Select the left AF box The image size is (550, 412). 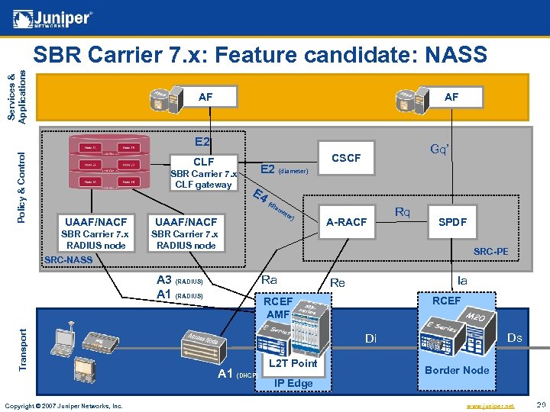205,97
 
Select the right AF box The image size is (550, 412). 451,97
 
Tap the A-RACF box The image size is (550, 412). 347,222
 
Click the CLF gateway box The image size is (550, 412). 203,173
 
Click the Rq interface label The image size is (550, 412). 403,211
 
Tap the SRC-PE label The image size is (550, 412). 490,252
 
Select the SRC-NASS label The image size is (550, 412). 69,260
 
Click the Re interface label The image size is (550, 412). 337,282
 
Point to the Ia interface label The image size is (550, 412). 462,281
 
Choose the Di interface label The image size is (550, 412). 370,338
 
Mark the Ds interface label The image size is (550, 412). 515,337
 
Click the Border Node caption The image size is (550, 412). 457,370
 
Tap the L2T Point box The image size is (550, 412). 294,363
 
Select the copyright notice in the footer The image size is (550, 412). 63,406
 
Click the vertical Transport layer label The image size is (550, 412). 23,350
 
